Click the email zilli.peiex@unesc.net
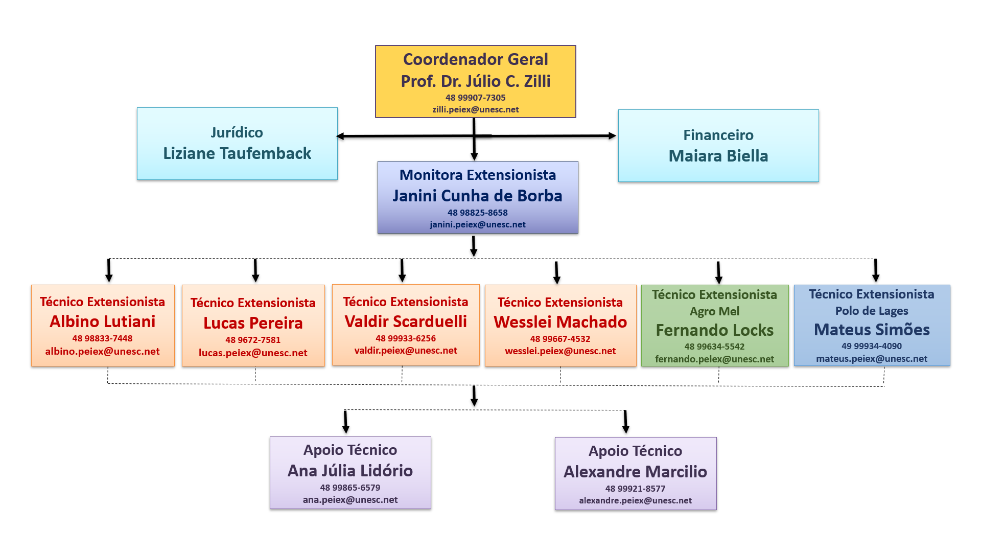tap(475, 109)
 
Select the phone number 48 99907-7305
tap(475, 98)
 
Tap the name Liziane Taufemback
tap(237, 153)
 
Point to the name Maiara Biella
tap(718, 156)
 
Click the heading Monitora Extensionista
tap(477, 175)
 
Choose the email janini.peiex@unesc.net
tap(477, 224)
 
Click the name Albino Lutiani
tap(102, 321)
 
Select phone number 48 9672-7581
tap(253, 340)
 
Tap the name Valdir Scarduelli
tap(406, 321)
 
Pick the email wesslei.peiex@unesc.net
tap(560, 351)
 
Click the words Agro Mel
tap(714, 311)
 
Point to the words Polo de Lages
tap(871, 311)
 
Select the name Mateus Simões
tap(871, 330)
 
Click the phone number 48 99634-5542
tap(714, 347)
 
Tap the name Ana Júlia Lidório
tap(350, 471)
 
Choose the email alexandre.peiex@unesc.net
tap(635, 500)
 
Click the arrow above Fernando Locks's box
tap(718, 273)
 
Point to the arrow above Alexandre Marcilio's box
tap(625, 422)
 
